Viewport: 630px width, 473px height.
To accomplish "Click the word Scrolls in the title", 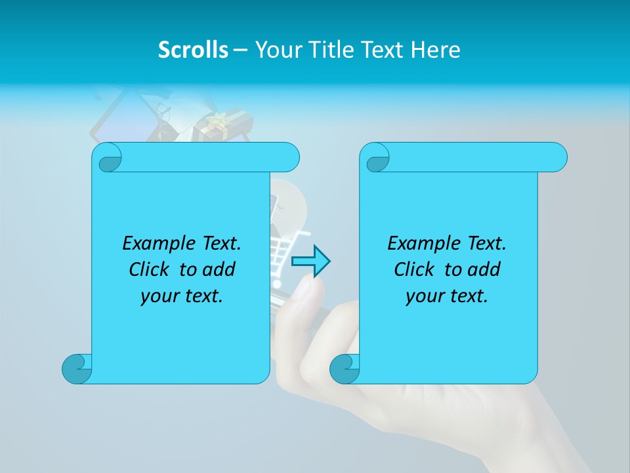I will [x=193, y=50].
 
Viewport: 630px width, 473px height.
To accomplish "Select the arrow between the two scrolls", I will [x=310, y=261].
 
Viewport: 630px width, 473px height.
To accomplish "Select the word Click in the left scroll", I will [x=150, y=270].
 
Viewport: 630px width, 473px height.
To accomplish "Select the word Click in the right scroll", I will [x=415, y=270].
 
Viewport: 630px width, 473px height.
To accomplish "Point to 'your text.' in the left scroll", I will [x=182, y=296].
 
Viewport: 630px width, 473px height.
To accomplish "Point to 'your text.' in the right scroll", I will [x=447, y=296].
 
